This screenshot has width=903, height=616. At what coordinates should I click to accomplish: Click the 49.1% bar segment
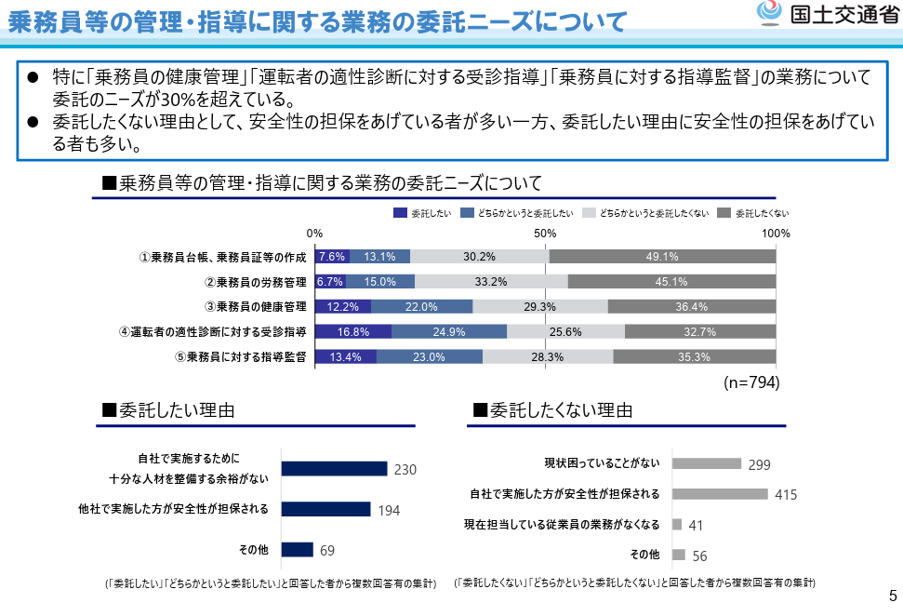coord(662,257)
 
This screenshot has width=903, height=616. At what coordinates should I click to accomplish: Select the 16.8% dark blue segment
coord(353,331)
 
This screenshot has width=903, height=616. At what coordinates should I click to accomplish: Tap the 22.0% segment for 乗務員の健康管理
coord(421,306)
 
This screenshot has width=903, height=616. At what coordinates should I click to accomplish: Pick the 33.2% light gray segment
coord(490,282)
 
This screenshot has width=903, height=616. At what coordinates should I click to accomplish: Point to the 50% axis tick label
coord(546,233)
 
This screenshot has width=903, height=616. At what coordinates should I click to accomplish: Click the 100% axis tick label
coord(776,233)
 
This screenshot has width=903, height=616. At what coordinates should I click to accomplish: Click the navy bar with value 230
coord(334,469)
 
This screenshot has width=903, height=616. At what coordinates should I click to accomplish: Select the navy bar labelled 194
coord(325,509)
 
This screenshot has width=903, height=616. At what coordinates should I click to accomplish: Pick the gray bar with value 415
coord(719,494)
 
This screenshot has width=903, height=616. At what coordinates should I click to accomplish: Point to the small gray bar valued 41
coord(677,525)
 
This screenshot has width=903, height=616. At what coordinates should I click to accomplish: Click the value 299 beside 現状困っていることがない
coord(760,464)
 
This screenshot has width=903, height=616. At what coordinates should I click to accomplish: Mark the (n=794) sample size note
coord(751,382)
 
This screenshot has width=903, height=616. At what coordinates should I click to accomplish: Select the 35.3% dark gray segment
coord(694,356)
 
